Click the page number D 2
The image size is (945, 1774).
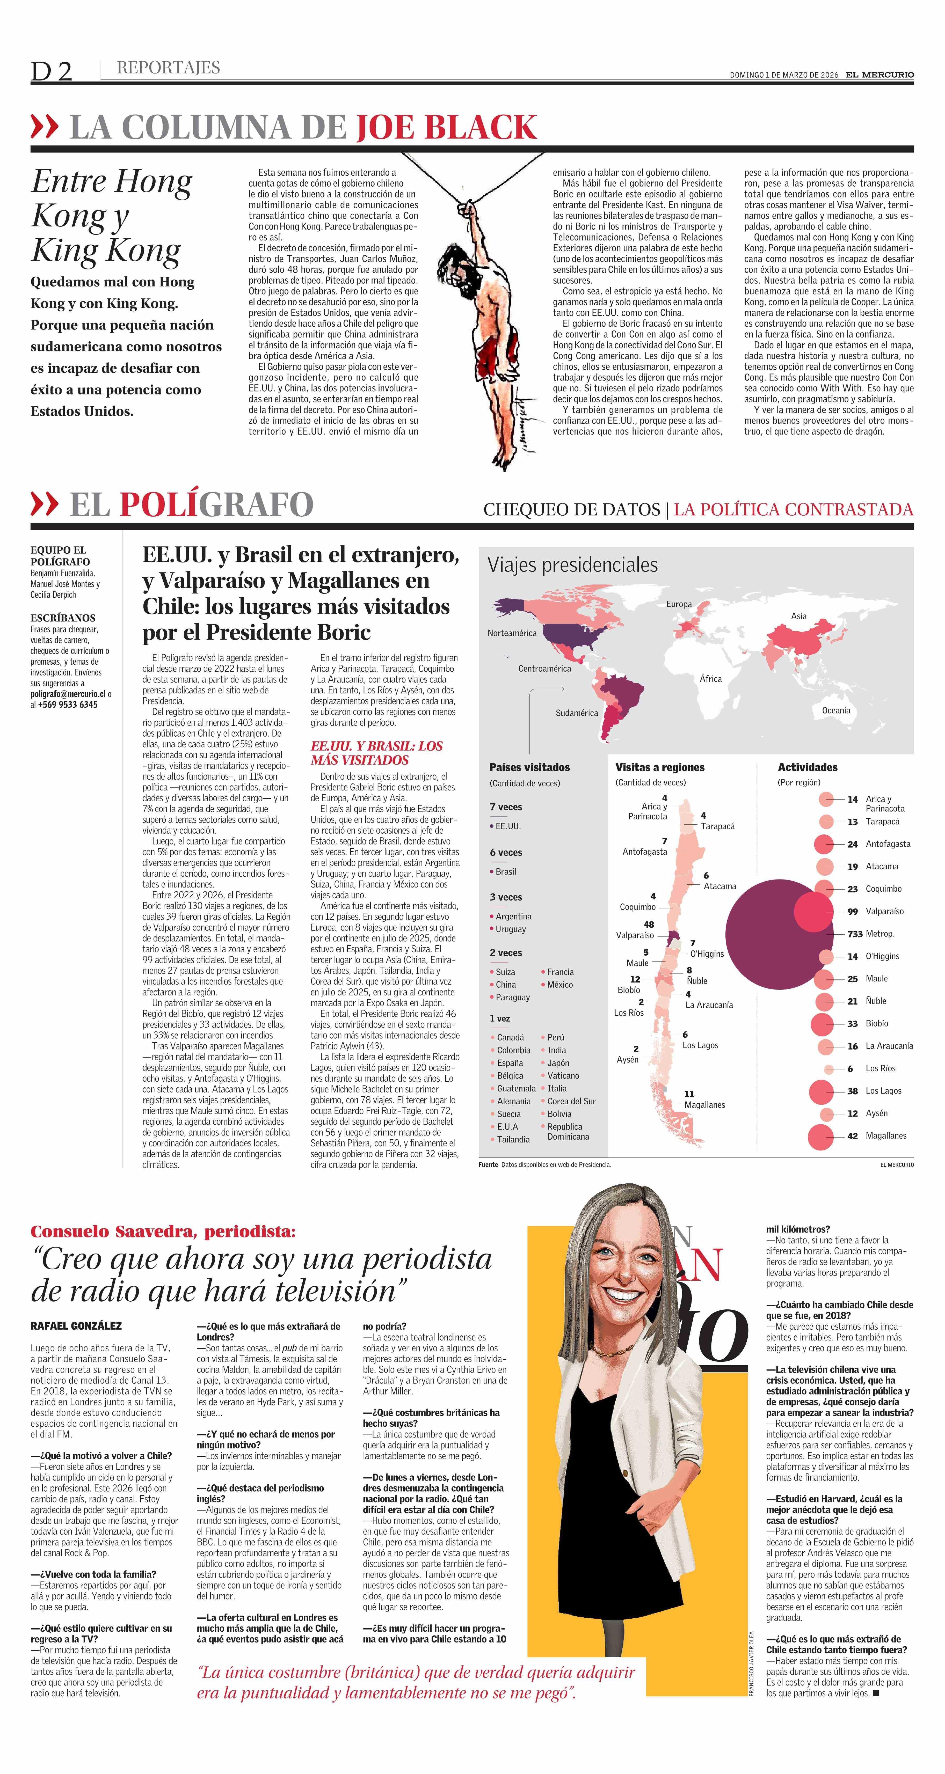pyautogui.click(x=52, y=71)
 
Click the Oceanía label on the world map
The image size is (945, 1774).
pyautogui.click(x=835, y=710)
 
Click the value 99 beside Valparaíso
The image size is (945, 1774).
pyautogui.click(x=852, y=911)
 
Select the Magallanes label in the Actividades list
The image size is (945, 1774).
pyautogui.click(x=886, y=1136)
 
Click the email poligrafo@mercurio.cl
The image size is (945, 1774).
pyautogui.click(x=68, y=694)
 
